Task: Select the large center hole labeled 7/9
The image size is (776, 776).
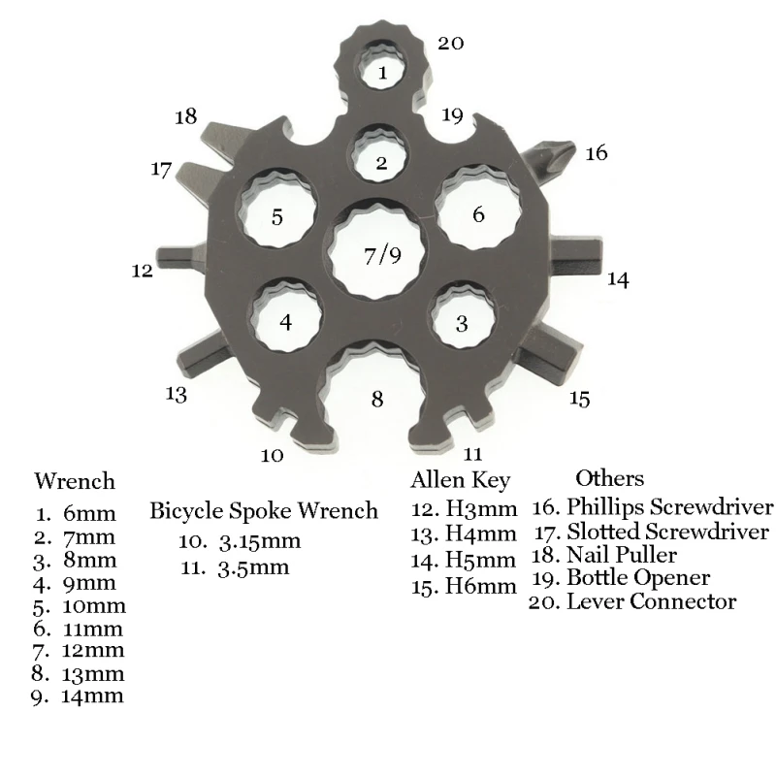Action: point(382,254)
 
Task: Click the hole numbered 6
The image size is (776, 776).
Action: point(478,213)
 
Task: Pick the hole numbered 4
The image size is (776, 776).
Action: point(285,320)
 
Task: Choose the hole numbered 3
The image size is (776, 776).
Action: point(462,322)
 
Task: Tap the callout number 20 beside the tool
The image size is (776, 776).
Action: point(451,43)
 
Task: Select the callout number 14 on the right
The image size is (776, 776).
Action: point(618,280)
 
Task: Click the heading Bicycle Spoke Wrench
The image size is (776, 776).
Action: point(264,511)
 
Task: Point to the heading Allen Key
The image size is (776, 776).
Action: point(460,480)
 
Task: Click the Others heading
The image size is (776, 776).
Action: point(609,478)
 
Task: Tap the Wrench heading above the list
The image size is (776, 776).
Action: point(75,481)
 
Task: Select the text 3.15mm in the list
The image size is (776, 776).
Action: point(258,540)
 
